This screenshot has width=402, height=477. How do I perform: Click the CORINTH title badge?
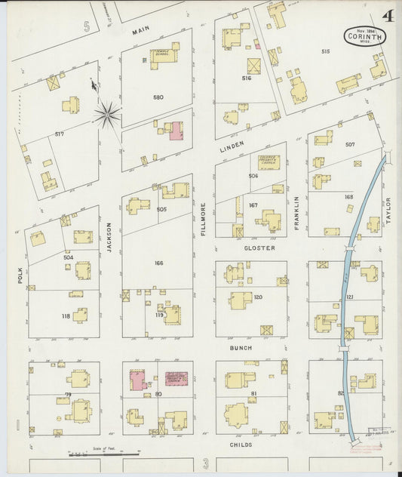click(366, 35)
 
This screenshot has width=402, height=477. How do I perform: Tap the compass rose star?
click(107, 115)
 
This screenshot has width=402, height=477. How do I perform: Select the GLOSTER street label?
click(259, 248)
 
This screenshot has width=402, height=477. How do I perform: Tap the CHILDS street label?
click(241, 445)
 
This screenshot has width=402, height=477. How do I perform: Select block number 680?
click(158, 97)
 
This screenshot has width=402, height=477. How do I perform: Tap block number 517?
click(61, 134)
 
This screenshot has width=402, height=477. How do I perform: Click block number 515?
click(326, 51)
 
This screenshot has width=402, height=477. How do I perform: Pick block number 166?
click(158, 263)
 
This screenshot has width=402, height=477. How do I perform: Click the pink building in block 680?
click(176, 131)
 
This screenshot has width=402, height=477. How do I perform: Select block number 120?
click(258, 297)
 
